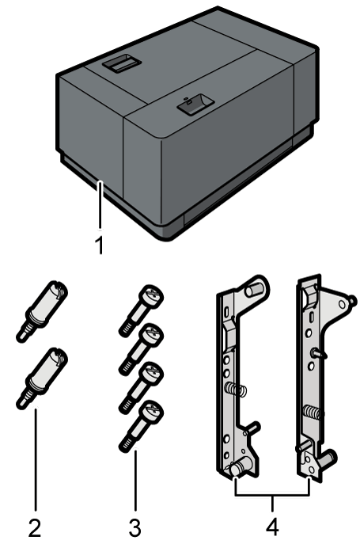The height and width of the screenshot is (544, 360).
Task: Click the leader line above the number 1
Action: (x=99, y=206)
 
